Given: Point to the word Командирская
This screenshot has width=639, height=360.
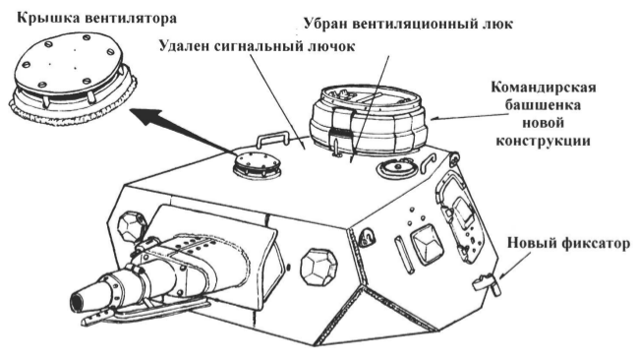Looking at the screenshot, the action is click(x=544, y=88).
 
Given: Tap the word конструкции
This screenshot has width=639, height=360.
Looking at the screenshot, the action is click(x=543, y=142).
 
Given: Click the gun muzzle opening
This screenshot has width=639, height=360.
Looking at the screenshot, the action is click(x=77, y=303).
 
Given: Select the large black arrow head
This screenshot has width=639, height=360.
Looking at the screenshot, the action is click(x=145, y=117).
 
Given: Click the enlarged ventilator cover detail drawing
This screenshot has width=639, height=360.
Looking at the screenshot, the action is click(x=73, y=78).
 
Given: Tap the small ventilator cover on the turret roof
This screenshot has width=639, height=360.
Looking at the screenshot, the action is click(x=257, y=165).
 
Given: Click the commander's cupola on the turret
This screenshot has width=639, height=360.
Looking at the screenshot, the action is click(x=368, y=119).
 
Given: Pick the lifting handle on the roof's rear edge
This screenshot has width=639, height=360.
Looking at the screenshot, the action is click(x=271, y=139).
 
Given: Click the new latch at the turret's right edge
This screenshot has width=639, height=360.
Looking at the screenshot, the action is click(x=488, y=283).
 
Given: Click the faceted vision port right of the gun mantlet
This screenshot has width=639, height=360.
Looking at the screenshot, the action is click(x=319, y=267).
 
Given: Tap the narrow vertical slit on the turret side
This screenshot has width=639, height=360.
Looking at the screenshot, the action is click(x=403, y=255).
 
